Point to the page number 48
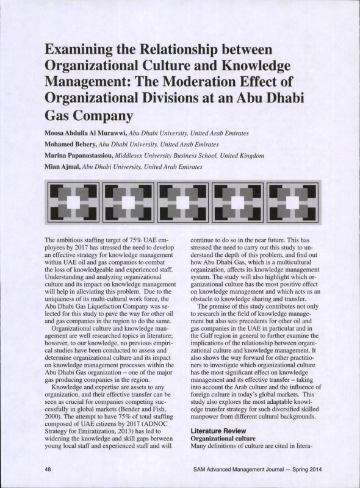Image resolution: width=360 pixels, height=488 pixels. pyautogui.click(x=48, y=469)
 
